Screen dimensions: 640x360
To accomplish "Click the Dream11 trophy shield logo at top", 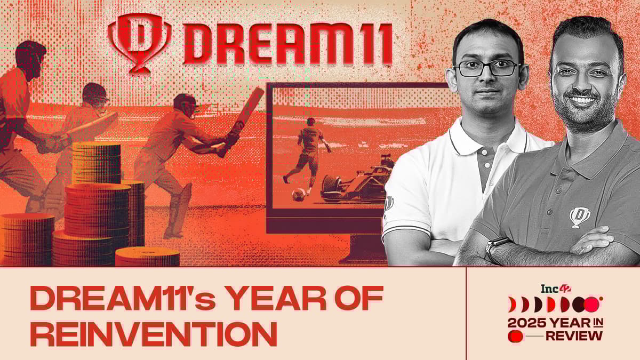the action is coord(139,43).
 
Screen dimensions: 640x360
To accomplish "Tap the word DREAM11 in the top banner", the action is coord(287,44).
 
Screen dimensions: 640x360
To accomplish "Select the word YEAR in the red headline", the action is coord(277,298).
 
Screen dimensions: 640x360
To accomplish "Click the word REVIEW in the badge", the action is coord(574,336).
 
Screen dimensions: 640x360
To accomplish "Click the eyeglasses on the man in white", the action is coord(487,69).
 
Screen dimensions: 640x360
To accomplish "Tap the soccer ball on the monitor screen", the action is coord(299,195).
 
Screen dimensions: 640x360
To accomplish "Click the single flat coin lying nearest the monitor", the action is coord(147,257).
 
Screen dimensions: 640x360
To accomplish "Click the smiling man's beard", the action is coord(586,110).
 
